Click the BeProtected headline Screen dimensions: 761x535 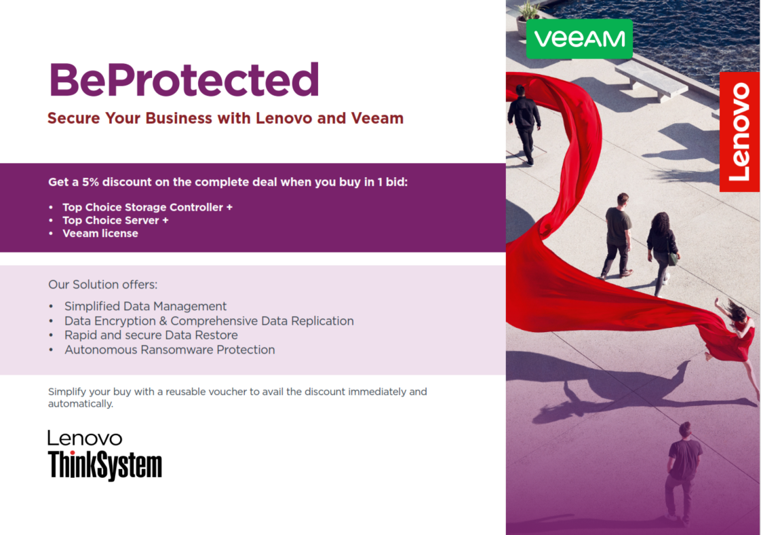coord(184,79)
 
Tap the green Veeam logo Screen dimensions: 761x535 coord(579,39)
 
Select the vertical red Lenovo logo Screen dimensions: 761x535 coord(739,132)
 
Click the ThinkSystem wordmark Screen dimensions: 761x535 coord(105,465)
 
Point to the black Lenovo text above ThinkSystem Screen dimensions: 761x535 coord(85,439)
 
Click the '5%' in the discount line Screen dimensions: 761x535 coord(90,182)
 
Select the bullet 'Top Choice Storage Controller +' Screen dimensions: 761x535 coord(148,207)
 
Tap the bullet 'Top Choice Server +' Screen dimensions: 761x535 coord(115,220)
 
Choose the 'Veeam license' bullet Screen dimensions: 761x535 coord(100,234)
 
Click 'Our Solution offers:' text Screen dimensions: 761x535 coord(103,284)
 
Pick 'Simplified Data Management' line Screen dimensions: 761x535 coord(146,306)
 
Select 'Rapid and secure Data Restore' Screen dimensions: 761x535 coord(151,335)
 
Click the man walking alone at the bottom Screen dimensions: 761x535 coord(683,474)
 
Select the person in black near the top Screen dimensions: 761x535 coord(524,124)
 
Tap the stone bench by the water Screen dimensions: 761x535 coord(651,79)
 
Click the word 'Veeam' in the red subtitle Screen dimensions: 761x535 coord(377,118)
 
